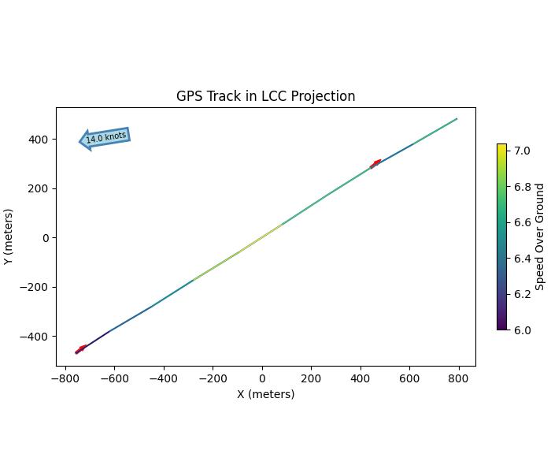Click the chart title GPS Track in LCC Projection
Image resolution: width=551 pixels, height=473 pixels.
tap(265, 96)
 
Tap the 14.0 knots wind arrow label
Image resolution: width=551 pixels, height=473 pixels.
tap(105, 137)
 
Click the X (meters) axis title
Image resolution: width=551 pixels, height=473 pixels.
tap(265, 394)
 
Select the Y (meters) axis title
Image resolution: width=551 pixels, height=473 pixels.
tap(9, 236)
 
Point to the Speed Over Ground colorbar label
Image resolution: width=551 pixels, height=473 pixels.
tap(540, 236)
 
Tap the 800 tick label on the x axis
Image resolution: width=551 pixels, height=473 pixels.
tap(459, 378)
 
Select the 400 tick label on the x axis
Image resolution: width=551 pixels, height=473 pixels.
tap(361, 378)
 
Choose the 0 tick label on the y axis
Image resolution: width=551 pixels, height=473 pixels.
tap(46, 238)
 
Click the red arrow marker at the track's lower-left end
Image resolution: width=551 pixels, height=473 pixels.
tap(80, 349)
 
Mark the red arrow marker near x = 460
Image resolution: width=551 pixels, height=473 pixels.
tap(375, 164)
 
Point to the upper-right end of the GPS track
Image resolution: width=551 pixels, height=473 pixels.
tap(457, 119)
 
